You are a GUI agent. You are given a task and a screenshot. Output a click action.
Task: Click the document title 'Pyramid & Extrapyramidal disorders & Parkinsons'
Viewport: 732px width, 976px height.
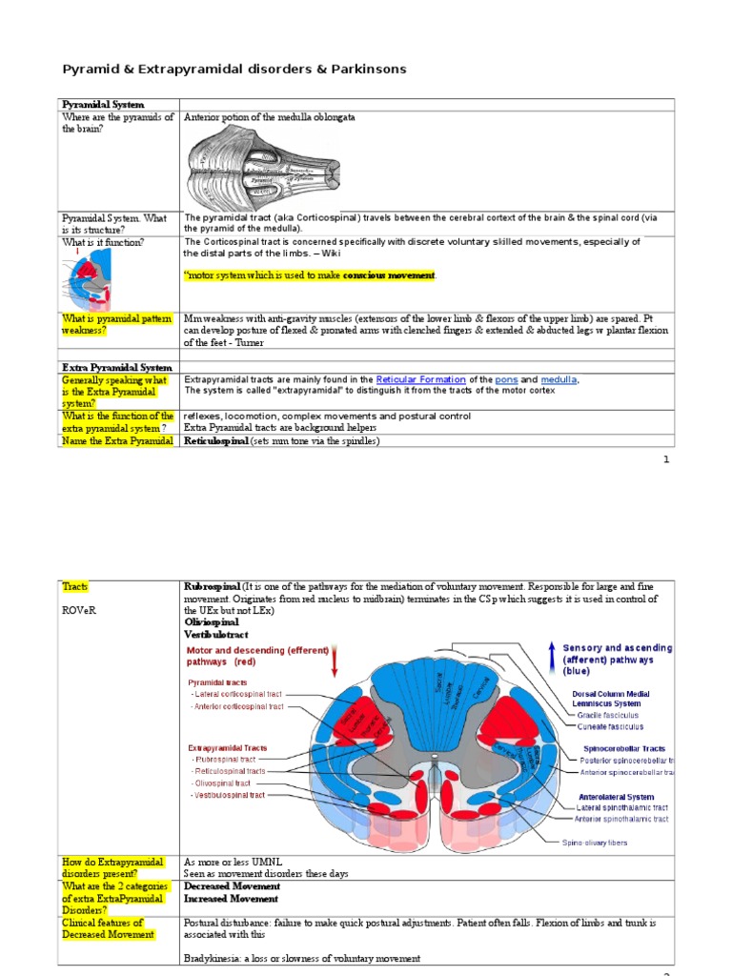[x=234, y=70]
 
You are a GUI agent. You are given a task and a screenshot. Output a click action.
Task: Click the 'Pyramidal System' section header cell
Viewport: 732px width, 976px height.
[x=103, y=104]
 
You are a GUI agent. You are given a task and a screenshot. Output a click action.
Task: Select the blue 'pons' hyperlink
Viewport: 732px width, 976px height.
[x=506, y=379]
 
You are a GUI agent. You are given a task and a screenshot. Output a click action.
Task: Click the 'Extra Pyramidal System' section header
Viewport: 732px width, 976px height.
[x=117, y=367]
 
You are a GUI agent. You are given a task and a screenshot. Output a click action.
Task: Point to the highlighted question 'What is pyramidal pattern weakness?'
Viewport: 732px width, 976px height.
[x=117, y=323]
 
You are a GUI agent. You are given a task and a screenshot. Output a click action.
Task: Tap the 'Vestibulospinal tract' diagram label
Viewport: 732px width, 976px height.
[x=230, y=794]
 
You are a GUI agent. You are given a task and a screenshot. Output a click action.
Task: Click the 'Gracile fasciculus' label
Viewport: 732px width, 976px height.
[x=606, y=714]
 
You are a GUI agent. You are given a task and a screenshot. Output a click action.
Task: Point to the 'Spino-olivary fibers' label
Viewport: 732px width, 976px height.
[x=594, y=843]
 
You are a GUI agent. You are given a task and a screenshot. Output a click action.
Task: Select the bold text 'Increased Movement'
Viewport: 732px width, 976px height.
[x=231, y=899]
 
